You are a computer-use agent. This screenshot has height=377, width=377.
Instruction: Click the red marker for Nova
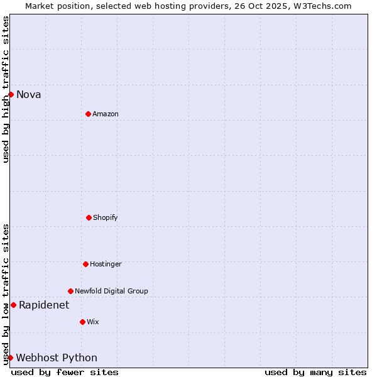[11, 94]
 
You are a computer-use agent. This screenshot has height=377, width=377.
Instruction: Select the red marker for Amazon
[88, 114]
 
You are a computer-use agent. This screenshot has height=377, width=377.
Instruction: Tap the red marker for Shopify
[89, 217]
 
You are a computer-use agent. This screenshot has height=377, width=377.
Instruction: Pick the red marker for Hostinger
[85, 264]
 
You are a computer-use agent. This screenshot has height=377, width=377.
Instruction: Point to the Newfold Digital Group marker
[70, 291]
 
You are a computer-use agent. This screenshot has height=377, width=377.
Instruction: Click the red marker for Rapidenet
[13, 305]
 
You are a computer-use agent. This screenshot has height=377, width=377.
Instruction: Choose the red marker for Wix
[82, 322]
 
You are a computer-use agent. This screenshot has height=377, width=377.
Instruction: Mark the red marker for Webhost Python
[10, 358]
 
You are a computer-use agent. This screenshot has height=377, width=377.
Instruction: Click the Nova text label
[29, 95]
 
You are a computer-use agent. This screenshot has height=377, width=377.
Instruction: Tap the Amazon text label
[106, 114]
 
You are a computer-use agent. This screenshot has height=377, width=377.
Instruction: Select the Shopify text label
[106, 218]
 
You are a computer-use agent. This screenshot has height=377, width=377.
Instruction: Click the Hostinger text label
[106, 265]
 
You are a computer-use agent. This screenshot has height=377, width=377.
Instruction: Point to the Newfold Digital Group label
[111, 292]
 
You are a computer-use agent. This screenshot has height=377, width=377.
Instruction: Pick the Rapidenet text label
[44, 305]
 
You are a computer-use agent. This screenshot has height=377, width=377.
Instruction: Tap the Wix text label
[93, 322]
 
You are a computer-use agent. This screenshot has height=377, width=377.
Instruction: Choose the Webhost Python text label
[57, 358]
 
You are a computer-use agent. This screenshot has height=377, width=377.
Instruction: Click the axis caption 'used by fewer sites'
[65, 373]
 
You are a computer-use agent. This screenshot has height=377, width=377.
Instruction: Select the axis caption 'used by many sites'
[315, 373]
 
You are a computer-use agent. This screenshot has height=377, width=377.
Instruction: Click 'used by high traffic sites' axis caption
[6, 89]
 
